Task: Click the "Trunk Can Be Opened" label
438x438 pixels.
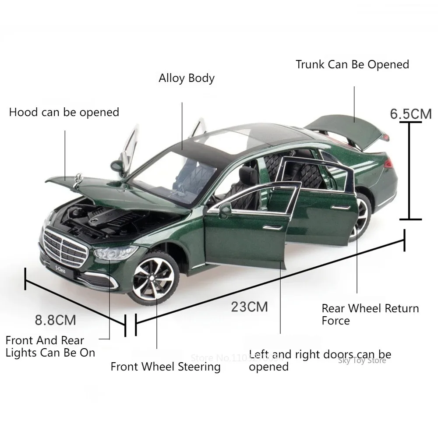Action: (352, 64)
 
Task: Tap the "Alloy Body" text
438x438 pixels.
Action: (187, 78)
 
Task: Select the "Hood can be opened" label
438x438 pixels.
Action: (64, 112)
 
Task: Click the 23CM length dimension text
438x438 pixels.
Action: (249, 306)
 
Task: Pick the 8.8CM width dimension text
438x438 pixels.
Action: (55, 320)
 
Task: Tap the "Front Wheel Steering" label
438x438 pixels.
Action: (165, 367)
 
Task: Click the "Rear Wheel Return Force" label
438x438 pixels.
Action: (370, 314)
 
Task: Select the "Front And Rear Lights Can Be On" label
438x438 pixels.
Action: (50, 346)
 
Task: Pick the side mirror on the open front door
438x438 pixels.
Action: (225, 210)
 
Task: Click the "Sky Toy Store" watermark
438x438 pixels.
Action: (362, 360)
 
